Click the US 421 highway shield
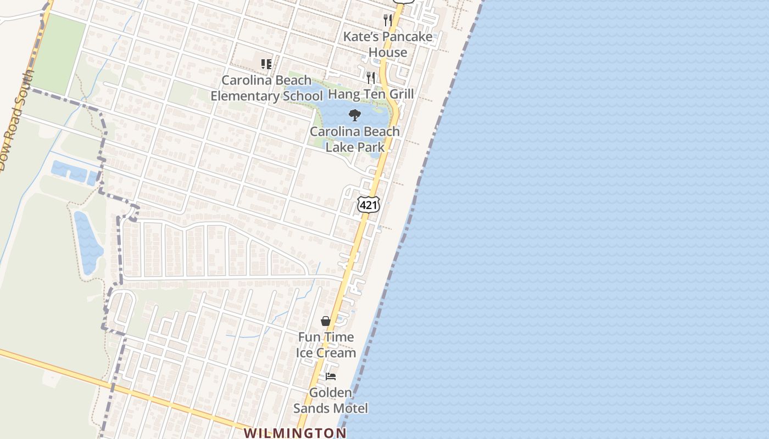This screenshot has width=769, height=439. tap(368, 204)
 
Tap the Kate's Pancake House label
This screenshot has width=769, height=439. tap(388, 44)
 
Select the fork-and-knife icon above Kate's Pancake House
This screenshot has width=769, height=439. tap(388, 20)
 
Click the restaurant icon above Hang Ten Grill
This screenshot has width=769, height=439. tap(371, 77)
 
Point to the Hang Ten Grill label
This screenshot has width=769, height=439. tap(371, 94)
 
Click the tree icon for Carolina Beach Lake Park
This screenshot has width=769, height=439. tap(355, 115)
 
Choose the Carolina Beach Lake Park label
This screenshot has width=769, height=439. tap(355, 139)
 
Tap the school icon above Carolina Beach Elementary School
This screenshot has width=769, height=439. tap(266, 64)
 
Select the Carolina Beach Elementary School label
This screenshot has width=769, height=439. tap(266, 88)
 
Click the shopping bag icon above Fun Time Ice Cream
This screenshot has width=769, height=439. tap(326, 321)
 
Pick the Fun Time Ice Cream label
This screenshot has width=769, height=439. tap(326, 345)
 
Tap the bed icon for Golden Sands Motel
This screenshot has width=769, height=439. tap(331, 376)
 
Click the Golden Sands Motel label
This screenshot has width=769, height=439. tap(331, 401)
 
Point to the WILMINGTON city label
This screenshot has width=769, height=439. tap(295, 433)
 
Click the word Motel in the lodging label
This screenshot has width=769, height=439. tap(351, 408)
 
